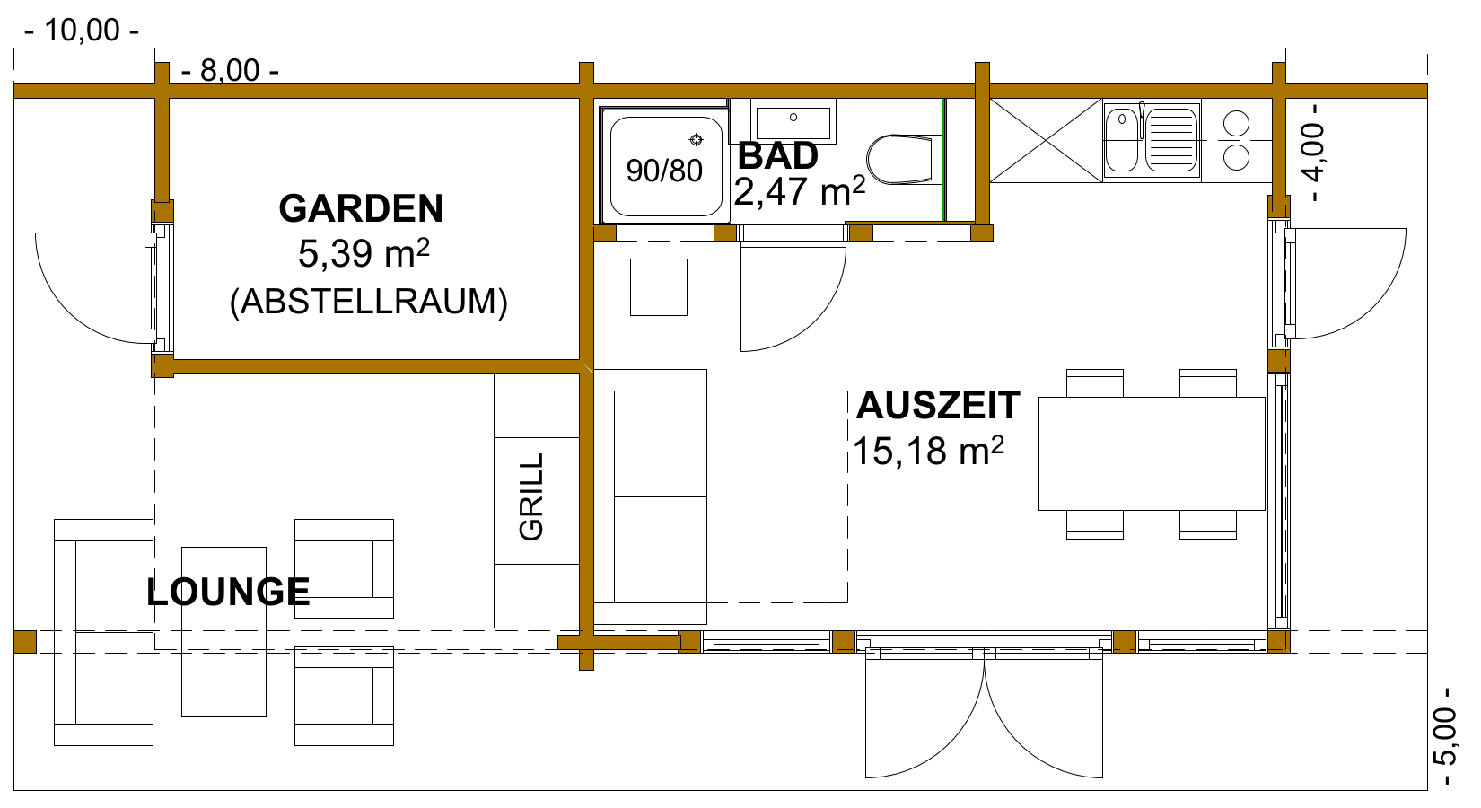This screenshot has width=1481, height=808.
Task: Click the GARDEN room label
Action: pyautogui.click(x=361, y=209)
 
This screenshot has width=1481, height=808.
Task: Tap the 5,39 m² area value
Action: pyautogui.click(x=364, y=253)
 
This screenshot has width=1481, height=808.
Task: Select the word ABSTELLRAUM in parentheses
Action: pyautogui.click(x=369, y=302)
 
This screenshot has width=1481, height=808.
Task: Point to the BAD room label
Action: pyautogui.click(x=777, y=155)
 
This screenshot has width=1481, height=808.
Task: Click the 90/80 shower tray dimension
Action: pyautogui.click(x=664, y=171)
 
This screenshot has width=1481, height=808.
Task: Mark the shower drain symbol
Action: pyautogui.click(x=696, y=139)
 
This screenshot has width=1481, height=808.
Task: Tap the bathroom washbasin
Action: pyautogui.click(x=793, y=121)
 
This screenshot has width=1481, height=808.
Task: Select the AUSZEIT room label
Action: pyautogui.click(x=938, y=405)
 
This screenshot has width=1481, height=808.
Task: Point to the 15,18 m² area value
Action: pyautogui.click(x=929, y=451)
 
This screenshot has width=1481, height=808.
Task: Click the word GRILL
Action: pyautogui.click(x=531, y=496)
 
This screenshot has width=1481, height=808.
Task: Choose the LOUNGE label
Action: pyautogui.click(x=228, y=591)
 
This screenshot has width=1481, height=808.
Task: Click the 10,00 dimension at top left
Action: pyautogui.click(x=82, y=31)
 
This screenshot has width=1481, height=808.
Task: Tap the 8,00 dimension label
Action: pyautogui.click(x=230, y=71)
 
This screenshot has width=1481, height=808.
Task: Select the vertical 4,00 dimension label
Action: pyautogui.click(x=1314, y=153)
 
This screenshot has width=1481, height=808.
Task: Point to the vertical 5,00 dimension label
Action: pyautogui.click(x=1444, y=736)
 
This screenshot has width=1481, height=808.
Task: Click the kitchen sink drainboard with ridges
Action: pyautogui.click(x=1171, y=140)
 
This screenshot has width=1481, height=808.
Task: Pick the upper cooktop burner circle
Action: pyautogui.click(x=1236, y=124)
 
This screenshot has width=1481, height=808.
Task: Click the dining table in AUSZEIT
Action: pyautogui.click(x=1152, y=453)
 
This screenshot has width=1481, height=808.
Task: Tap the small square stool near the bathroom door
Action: pyautogui.click(x=659, y=287)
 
